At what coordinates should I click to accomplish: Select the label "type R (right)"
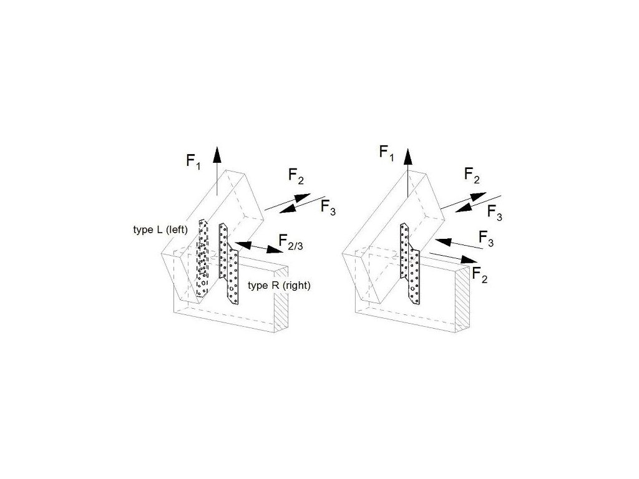(x=280, y=285)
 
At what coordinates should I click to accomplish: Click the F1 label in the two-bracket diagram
(x=193, y=161)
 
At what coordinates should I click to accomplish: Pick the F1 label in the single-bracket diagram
(x=387, y=153)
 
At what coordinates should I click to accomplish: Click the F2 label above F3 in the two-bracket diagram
(x=296, y=177)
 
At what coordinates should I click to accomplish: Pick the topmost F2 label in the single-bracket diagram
(x=472, y=177)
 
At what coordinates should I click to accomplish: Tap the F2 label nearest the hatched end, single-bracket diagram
(x=479, y=273)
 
